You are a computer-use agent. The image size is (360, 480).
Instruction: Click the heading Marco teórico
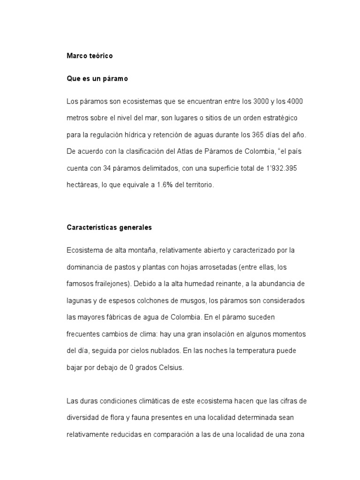[90, 56]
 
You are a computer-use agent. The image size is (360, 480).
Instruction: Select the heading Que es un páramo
[97, 79]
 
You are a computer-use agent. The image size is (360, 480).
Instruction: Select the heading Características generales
[109, 227]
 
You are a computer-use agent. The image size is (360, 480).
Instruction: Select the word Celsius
[170, 367]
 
